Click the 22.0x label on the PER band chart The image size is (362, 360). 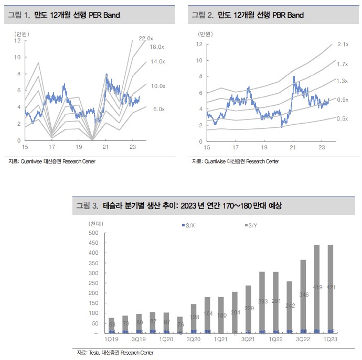pyautogui.click(x=145, y=38)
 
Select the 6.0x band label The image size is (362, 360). pyautogui.click(x=158, y=109)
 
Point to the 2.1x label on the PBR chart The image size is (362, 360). pyautogui.click(x=343, y=45)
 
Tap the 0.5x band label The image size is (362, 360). pyautogui.click(x=342, y=119)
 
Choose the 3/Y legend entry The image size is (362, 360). pyautogui.click(x=250, y=225)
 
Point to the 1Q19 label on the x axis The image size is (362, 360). pyautogui.click(x=110, y=340)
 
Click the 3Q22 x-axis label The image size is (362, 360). pyautogui.click(x=303, y=340)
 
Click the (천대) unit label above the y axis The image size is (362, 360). pyautogui.click(x=96, y=223)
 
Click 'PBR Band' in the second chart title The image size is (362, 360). pyautogui.click(x=288, y=15)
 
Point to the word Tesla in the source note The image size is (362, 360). pyautogui.click(x=94, y=352)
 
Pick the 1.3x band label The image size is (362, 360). pyautogui.click(x=342, y=81)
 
